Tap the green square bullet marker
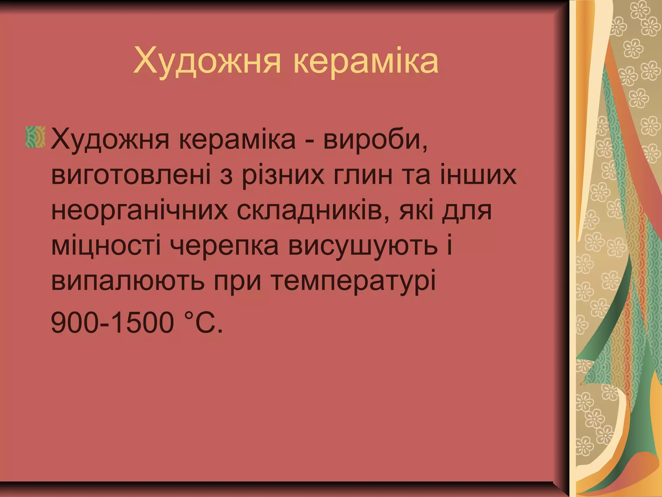[x=35, y=137]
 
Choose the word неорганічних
[x=139, y=210]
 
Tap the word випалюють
[x=128, y=280]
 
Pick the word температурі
[x=352, y=280]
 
